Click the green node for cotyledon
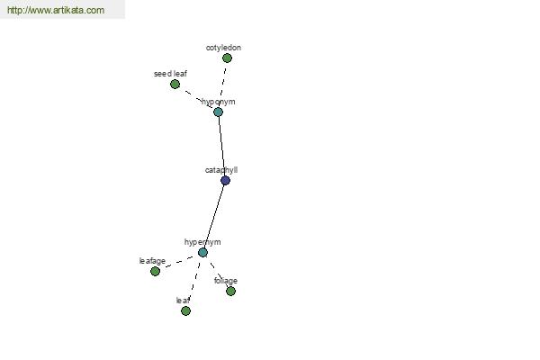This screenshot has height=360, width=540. coord(227,58)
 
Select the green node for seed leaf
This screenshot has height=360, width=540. coord(175,84)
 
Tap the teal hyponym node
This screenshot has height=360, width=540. coord(218,112)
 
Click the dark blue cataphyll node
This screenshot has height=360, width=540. coord(225,180)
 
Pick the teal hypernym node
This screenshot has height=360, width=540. coord(202,253)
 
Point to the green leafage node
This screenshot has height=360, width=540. coord(156,272)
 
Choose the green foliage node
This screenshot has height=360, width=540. coord(230,291)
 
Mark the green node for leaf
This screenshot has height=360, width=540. coord(185,311)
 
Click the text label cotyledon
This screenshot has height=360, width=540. coord(223,48)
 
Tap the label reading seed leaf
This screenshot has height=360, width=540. coord(170,74)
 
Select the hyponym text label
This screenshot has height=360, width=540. coord(219,102)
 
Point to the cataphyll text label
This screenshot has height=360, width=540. coord(221,170)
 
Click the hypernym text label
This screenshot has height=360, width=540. coord(202,242)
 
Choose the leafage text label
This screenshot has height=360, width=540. coord(152,261)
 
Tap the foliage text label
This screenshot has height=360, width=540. coord(226,281)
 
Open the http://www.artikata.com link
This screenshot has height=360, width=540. coord(56,10)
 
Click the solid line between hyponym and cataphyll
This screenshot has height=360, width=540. coord(221,146)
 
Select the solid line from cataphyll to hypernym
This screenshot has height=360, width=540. coord(214,216)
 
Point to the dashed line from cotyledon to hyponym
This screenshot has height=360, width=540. coord(223,83)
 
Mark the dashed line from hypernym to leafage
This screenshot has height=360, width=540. coord(179,262)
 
